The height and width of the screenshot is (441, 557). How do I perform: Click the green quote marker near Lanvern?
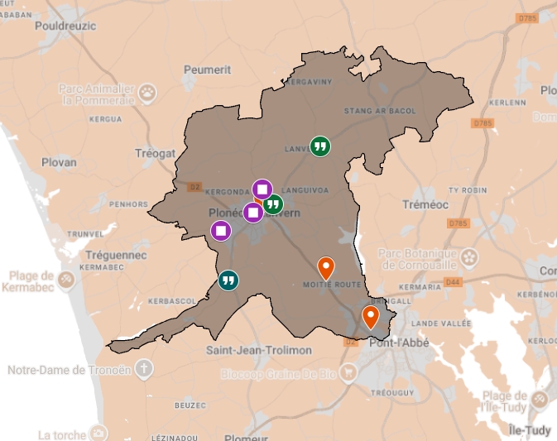point(320,146)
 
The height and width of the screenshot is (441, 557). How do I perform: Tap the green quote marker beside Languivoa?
point(272,204)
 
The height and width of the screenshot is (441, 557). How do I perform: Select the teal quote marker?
point(229,280)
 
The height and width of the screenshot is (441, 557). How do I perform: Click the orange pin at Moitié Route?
point(326,268)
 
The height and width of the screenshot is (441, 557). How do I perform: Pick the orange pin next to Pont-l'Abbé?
point(371,317)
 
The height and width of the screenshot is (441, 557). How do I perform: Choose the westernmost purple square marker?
point(221,230)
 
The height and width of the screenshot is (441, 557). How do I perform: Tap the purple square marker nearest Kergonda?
point(262,190)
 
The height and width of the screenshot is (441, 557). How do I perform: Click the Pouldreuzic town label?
point(65,26)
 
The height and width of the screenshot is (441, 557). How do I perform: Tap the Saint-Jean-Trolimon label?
point(259,350)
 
